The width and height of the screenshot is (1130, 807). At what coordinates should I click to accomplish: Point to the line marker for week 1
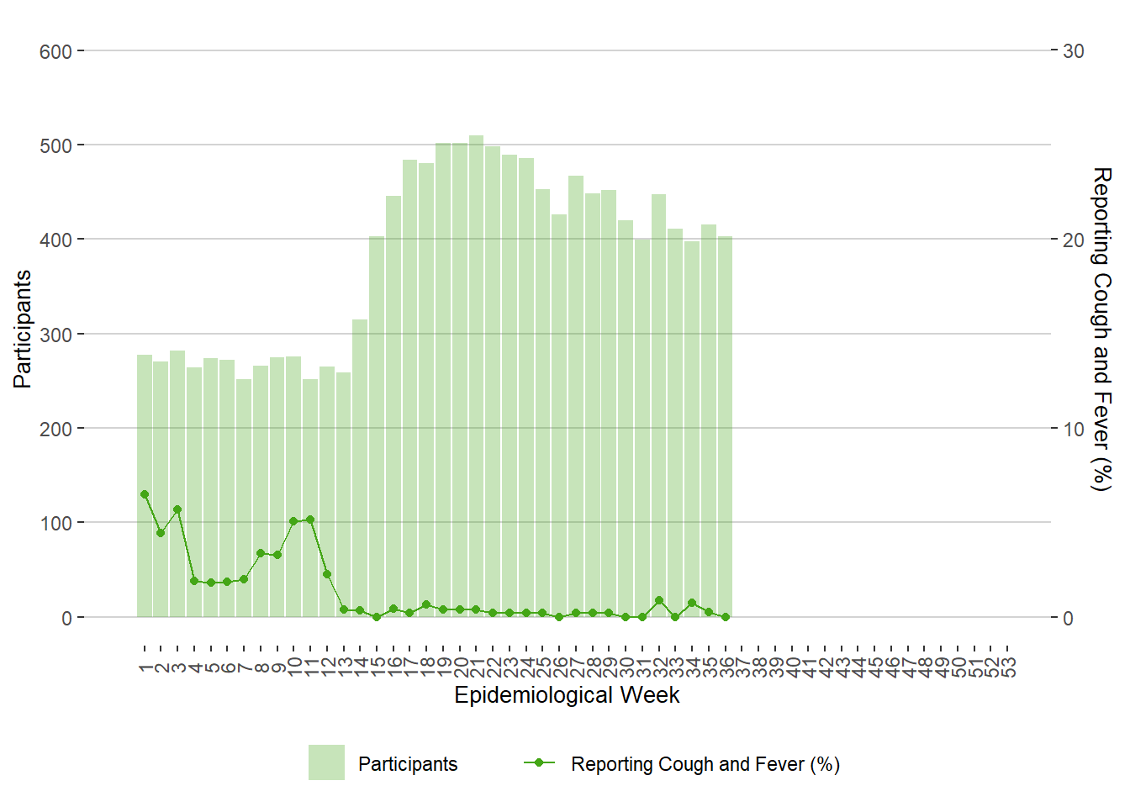point(145,494)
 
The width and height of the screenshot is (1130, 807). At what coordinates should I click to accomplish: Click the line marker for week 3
point(177,509)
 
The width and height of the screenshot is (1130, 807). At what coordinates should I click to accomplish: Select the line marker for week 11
point(310,520)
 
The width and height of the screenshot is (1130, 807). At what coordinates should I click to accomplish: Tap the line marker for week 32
point(659,600)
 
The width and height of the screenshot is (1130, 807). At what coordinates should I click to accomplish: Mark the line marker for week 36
point(726,617)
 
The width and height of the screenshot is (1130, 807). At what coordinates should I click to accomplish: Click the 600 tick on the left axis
point(55,51)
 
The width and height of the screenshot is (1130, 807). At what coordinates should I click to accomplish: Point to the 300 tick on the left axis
point(55,335)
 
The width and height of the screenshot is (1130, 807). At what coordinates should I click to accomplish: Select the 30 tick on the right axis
point(1074,51)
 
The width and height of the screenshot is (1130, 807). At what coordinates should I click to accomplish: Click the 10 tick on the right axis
point(1074,429)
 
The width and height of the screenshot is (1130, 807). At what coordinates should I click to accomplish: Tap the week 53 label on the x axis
point(1008,667)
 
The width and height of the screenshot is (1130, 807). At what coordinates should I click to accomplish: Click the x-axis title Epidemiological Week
point(567,695)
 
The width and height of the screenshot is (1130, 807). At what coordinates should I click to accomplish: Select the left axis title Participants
point(23,329)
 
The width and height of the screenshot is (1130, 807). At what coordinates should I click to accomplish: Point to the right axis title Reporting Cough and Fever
point(1101,329)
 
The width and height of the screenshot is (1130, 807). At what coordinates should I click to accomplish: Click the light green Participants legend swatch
point(326,762)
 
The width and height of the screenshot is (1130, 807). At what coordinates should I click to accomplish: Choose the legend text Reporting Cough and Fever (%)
point(705,764)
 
